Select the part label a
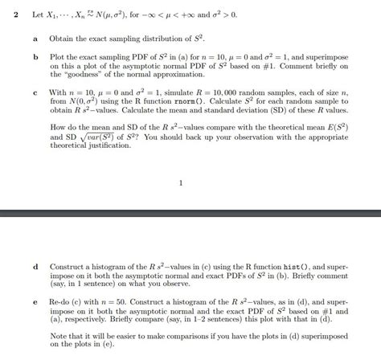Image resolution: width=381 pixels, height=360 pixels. coord(35,38)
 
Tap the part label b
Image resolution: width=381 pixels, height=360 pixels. coord(35,58)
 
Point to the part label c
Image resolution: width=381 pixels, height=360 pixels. coord(35,92)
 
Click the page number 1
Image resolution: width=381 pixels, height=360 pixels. coord(182,182)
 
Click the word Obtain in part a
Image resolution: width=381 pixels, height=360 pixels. coord(63,38)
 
